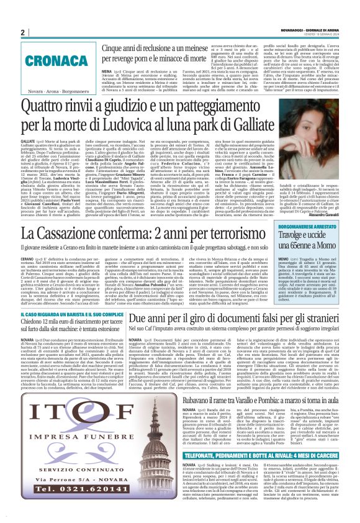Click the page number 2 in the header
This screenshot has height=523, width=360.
coord(23,32)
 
